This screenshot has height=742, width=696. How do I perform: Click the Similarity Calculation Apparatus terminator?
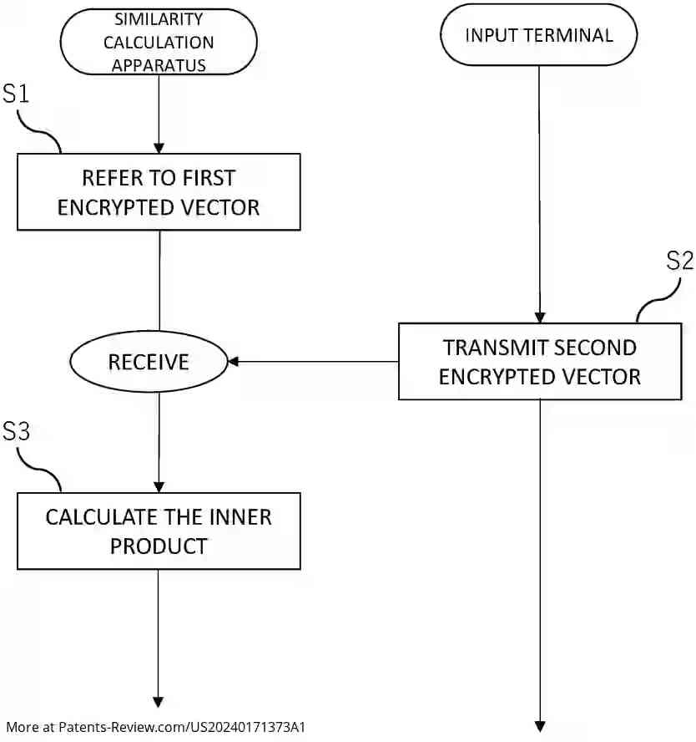click(159, 42)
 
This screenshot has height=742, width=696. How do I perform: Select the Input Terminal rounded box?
click(538, 35)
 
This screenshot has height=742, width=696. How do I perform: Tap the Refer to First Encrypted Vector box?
click(159, 191)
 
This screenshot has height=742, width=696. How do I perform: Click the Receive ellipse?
click(149, 362)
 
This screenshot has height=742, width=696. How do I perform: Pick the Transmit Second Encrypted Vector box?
click(539, 361)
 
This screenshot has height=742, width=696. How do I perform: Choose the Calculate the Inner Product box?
click(159, 531)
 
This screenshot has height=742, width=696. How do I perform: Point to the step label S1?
click(16, 94)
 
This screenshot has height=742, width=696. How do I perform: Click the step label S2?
click(679, 262)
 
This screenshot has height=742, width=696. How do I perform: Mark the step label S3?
click(16, 431)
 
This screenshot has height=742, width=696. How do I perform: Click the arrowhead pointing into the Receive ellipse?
click(234, 362)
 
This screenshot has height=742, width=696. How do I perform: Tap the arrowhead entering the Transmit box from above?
click(539, 318)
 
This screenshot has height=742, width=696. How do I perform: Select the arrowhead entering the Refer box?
click(159, 148)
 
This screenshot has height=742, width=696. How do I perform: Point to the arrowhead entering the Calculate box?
click(159, 487)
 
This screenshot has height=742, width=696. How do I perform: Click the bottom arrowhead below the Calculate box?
click(159, 702)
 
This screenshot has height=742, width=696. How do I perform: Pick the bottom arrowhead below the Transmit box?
click(539, 725)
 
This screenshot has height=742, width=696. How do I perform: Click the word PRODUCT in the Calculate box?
click(159, 546)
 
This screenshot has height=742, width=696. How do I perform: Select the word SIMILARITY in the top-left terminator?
click(159, 19)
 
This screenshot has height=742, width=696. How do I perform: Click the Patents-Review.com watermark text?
click(155, 727)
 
